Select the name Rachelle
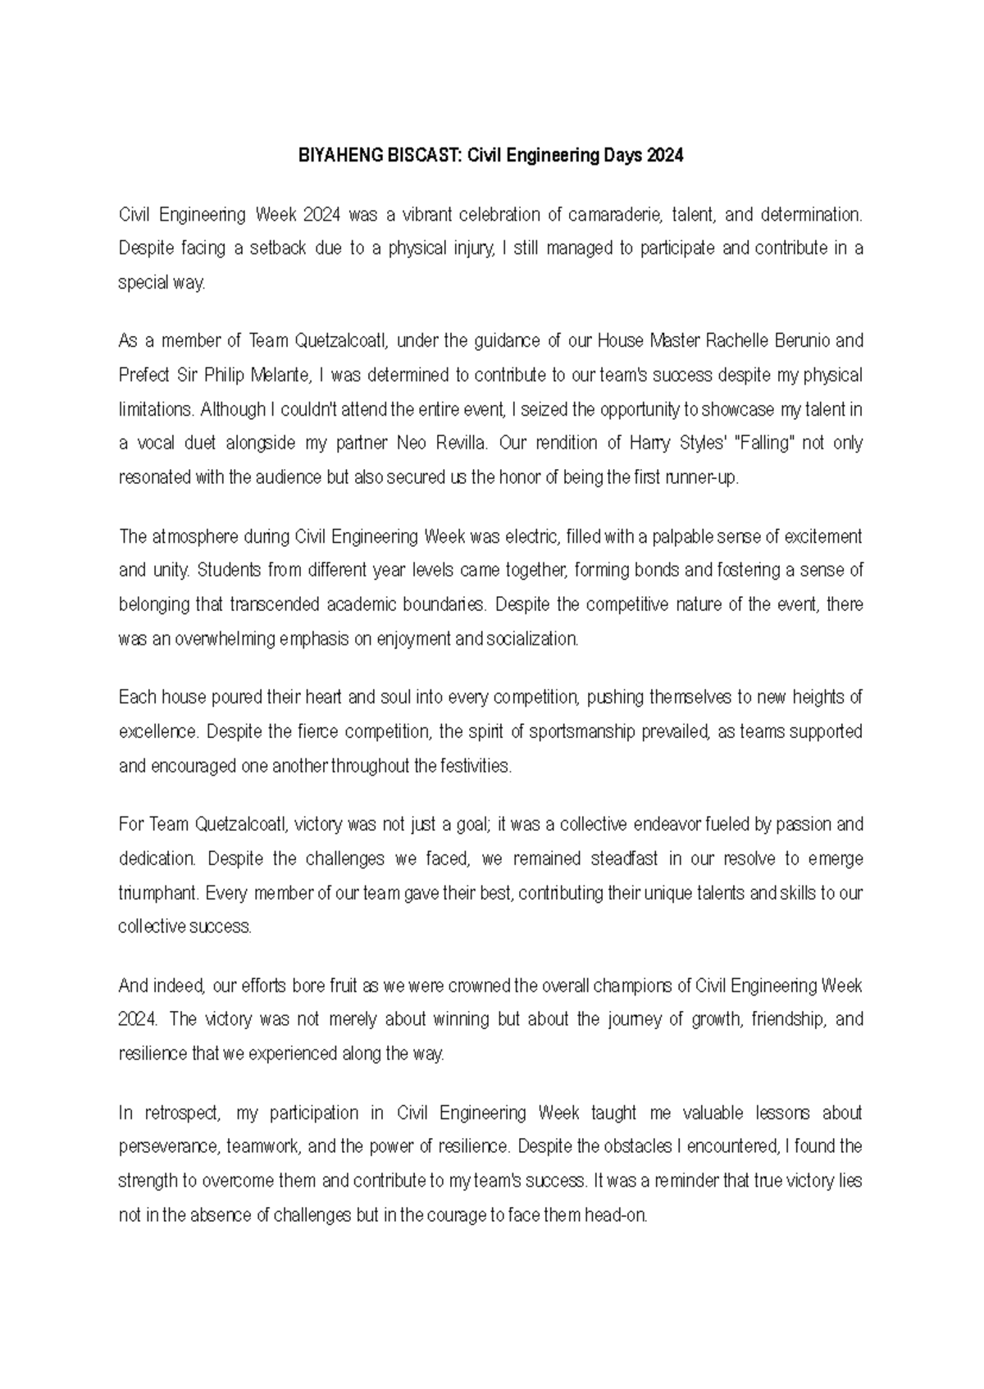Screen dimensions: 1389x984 click(737, 340)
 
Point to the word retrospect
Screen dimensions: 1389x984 click(182, 1113)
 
